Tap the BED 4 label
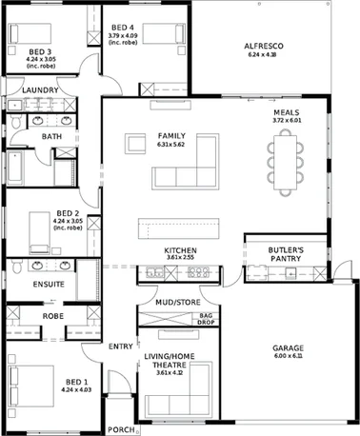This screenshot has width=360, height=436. coord(123,28)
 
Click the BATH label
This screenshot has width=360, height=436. coord(51,137)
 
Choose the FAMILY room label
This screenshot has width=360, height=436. coord(171,135)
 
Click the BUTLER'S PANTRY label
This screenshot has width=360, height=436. coord(286,253)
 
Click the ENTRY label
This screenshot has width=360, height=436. coord(121,346)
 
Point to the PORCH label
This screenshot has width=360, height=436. coord(119,429)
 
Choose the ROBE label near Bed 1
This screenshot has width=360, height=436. coord(52,315)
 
